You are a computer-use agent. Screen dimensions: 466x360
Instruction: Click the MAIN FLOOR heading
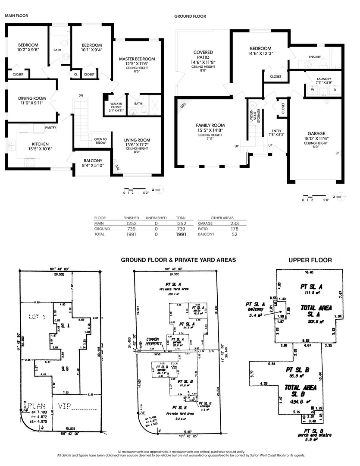pos(16,16)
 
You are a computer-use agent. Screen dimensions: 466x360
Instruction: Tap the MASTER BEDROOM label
pos(137,59)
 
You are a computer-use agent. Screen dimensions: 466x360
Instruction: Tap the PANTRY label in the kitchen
pos(51,128)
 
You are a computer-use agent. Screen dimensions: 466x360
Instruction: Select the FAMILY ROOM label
pos(210,126)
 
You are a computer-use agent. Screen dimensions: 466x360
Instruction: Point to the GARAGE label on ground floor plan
pos(316,133)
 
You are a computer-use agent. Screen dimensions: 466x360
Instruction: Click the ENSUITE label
pos(315,57)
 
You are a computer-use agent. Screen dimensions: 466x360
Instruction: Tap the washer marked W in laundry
pos(312,90)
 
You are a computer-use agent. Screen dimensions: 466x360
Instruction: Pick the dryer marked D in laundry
pos(335,90)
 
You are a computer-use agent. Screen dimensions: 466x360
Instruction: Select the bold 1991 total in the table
pos(181,235)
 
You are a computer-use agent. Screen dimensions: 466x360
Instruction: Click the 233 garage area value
pos(235,224)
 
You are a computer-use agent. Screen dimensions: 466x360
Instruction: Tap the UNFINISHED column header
pos(156,218)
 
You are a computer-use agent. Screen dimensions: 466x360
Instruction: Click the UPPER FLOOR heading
pos(310,260)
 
